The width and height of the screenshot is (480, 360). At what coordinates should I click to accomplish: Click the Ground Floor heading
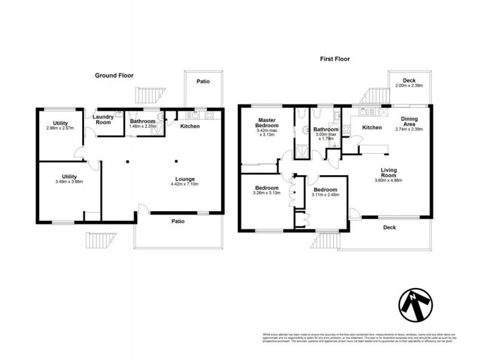[114, 76]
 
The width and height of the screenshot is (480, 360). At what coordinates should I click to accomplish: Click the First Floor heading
[334, 59]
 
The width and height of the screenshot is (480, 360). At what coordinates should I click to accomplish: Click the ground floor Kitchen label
[190, 127]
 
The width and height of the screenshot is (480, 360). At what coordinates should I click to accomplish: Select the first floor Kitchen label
[372, 127]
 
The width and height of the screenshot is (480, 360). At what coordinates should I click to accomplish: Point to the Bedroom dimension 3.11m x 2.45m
[325, 194]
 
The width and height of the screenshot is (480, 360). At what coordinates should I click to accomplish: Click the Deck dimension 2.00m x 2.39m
[409, 86]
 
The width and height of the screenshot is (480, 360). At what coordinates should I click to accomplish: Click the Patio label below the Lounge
[178, 221]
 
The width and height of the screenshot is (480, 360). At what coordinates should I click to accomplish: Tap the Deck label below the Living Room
[390, 227]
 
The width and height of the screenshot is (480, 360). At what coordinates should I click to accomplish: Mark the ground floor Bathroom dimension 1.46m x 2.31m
[143, 127]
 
